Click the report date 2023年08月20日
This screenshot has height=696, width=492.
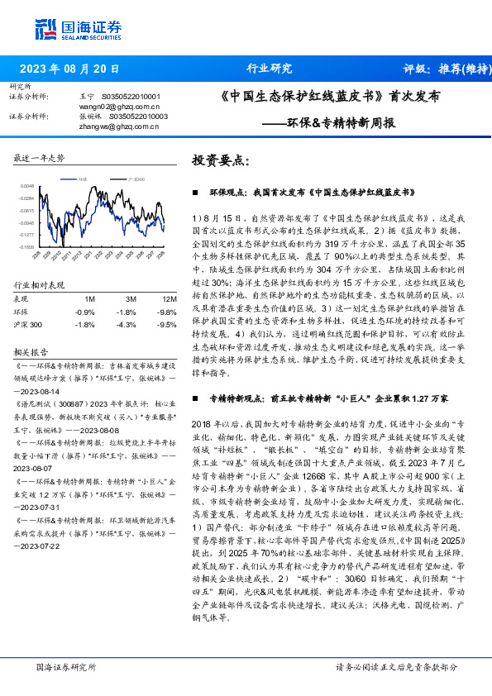pos(68,69)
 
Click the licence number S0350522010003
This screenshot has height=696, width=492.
pos(135,117)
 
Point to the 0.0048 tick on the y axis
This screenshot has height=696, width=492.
pos(27,186)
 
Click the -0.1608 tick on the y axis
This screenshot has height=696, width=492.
pos(27,246)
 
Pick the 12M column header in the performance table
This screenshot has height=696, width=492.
pos(169,298)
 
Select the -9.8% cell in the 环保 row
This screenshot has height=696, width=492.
pos(168,311)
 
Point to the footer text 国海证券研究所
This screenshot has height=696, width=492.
pos(63,666)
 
